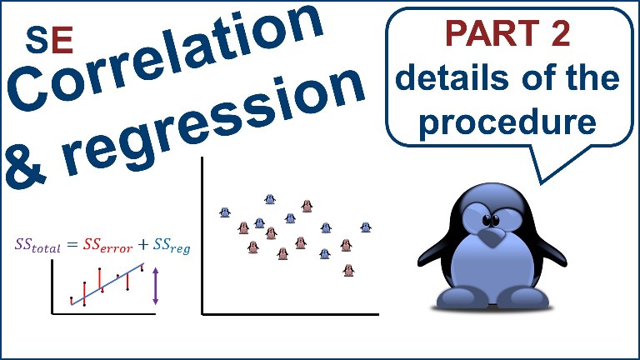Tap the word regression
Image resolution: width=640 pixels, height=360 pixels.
(212, 122)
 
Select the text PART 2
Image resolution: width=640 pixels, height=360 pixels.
(507, 33)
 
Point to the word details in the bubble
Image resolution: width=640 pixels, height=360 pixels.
(452, 77)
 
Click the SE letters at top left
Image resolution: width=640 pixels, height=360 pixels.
(49, 40)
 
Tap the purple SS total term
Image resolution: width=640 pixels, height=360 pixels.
(37, 245)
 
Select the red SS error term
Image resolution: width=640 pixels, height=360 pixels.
(107, 245)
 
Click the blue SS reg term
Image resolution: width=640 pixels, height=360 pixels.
(172, 246)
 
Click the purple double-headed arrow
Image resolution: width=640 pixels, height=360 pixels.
(156, 286)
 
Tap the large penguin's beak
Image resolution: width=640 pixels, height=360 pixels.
(491, 237)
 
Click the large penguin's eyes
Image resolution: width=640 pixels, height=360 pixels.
(491, 220)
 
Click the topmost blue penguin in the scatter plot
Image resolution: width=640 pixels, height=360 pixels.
(270, 199)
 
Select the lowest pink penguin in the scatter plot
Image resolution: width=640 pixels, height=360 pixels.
(348, 270)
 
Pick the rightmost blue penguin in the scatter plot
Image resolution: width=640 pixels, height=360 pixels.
(366, 227)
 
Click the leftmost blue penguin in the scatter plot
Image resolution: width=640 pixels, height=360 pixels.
(225, 212)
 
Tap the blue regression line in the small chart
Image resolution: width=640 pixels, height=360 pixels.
(107, 284)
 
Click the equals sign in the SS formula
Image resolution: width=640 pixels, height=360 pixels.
(72, 245)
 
